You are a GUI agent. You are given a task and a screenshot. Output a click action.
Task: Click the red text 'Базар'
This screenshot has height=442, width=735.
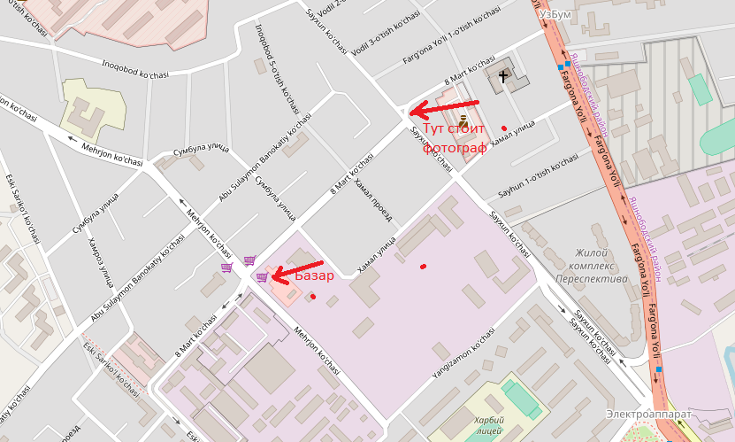point(315,275)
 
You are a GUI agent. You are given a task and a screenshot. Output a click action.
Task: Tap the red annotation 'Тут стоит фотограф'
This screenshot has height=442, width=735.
point(455,139)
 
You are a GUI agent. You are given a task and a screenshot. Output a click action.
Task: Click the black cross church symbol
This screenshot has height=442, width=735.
point(504,76)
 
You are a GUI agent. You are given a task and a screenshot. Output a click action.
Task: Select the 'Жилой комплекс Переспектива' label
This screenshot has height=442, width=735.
point(592,265)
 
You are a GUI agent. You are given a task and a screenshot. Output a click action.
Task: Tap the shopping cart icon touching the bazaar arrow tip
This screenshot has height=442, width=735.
point(262,276)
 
